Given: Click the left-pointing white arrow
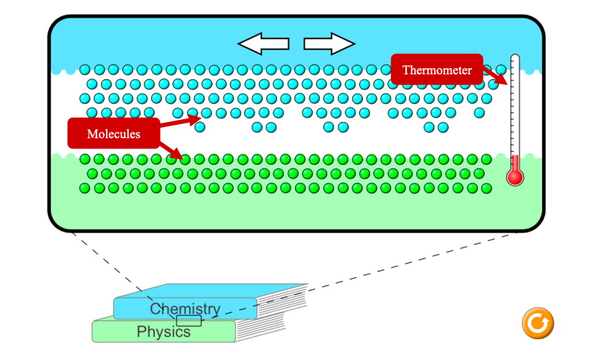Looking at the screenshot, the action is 263,44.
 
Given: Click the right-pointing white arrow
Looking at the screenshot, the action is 329,44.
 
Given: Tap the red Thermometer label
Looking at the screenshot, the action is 437,70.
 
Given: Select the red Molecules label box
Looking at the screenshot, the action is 114,134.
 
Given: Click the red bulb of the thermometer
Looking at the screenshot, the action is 515,177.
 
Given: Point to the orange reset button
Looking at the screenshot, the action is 538,323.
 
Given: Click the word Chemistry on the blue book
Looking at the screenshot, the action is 185,309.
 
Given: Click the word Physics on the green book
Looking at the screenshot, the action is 164,332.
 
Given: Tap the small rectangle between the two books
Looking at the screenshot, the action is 189,321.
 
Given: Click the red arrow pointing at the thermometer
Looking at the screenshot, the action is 495,77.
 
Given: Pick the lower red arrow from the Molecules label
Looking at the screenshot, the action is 172,150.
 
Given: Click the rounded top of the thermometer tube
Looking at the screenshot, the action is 515,57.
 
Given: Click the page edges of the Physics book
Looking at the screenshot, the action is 260,327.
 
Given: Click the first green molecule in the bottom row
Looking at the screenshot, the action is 85,188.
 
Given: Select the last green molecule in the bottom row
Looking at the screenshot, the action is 486,188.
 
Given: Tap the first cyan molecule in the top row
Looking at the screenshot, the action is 85,70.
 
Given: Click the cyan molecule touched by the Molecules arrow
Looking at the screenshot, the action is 206,113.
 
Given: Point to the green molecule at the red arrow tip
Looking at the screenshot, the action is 185,160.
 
